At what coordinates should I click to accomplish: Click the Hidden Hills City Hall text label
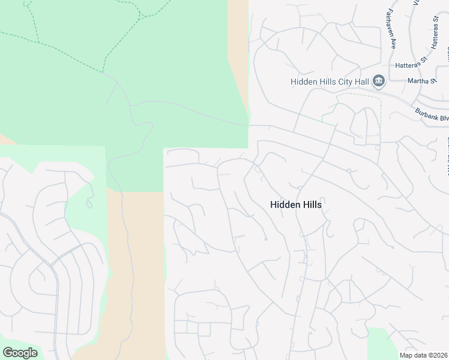330,82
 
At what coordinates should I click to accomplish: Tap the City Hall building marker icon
378,81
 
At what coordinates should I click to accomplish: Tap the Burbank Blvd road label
432,114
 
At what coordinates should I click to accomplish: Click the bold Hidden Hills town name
296,205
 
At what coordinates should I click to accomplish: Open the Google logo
20,352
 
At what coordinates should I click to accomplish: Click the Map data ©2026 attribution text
423,355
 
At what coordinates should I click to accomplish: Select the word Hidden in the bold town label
283,205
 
